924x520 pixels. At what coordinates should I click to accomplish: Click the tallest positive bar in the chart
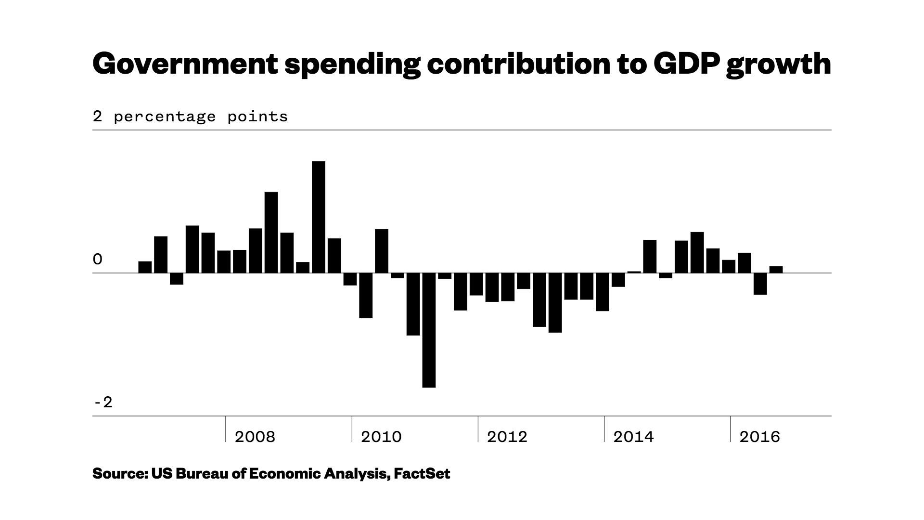click(319, 217)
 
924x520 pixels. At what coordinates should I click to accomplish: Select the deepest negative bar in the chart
click(429, 330)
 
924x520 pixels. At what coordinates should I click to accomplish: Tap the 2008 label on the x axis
click(255, 437)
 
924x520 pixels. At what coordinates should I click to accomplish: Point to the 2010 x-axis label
click(381, 437)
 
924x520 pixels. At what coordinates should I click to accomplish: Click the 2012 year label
click(507, 437)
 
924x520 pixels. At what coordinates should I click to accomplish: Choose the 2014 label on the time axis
click(633, 437)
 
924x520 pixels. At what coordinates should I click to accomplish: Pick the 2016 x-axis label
click(759, 437)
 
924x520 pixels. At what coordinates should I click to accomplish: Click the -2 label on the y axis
click(103, 402)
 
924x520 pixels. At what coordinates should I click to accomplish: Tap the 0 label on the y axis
click(98, 260)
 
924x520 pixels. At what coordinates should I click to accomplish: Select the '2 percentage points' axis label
click(190, 117)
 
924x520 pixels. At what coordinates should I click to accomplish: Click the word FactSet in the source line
click(422, 474)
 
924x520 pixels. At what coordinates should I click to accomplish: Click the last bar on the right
click(776, 270)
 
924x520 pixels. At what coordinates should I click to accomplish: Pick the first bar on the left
click(145, 267)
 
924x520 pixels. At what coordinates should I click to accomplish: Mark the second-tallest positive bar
click(271, 233)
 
